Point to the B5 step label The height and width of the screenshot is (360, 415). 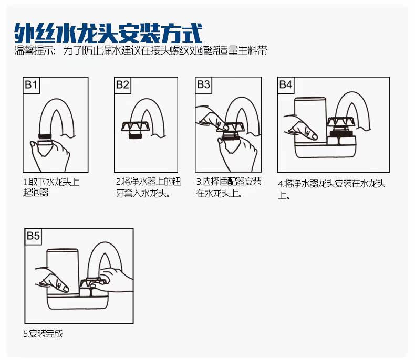33,236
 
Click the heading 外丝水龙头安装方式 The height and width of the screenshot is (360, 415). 108,33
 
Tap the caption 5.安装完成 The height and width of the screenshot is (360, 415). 43,334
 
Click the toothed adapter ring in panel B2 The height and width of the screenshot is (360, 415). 134,126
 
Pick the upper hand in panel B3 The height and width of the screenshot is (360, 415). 210,117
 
